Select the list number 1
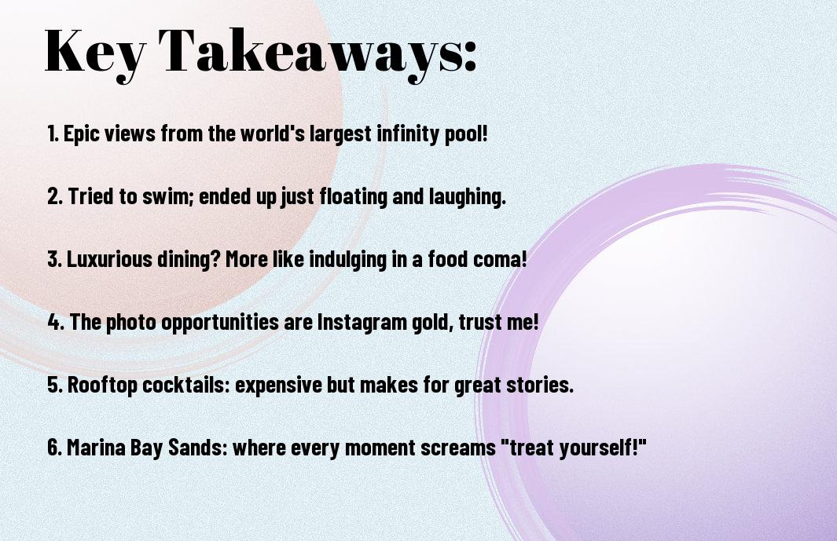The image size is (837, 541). [53, 133]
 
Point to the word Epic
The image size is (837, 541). [82, 134]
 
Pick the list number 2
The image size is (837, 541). [54, 196]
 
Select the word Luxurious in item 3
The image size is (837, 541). [109, 259]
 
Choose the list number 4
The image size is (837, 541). [56, 322]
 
